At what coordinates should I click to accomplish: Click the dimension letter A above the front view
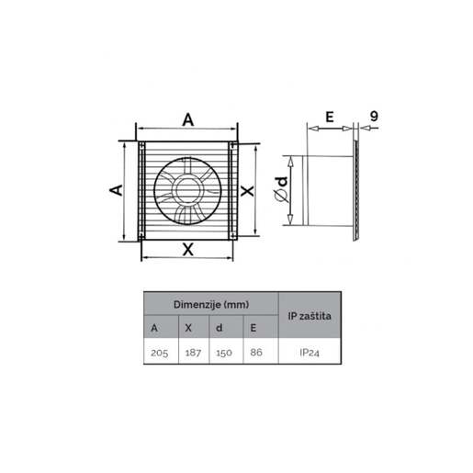(188, 118)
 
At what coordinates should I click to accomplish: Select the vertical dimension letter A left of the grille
(117, 189)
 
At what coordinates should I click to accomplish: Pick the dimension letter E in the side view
(328, 117)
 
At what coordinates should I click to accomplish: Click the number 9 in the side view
(374, 117)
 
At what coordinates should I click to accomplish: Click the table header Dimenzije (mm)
(210, 303)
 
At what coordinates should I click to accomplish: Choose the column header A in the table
(153, 327)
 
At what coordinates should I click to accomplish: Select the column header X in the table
(187, 327)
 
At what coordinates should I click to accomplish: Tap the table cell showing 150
(223, 352)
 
